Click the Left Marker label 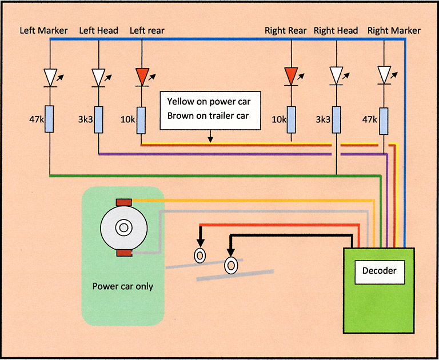(x=43, y=30)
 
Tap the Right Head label (x=336, y=30)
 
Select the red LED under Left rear (x=142, y=77)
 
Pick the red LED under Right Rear (x=291, y=76)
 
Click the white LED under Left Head (x=98, y=78)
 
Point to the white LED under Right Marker (x=384, y=75)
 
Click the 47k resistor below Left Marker (x=49, y=119)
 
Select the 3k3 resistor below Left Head (x=98, y=119)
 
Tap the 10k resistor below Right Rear (x=291, y=120)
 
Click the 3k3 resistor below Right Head (x=337, y=120)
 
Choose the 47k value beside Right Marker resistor (x=369, y=119)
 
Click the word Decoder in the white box (x=380, y=271)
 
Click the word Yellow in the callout (x=181, y=102)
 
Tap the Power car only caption (x=123, y=286)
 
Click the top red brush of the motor (x=123, y=202)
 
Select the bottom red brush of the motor (x=124, y=253)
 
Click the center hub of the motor (x=123, y=227)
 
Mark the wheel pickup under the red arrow (x=200, y=255)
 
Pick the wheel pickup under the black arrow (x=231, y=265)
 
